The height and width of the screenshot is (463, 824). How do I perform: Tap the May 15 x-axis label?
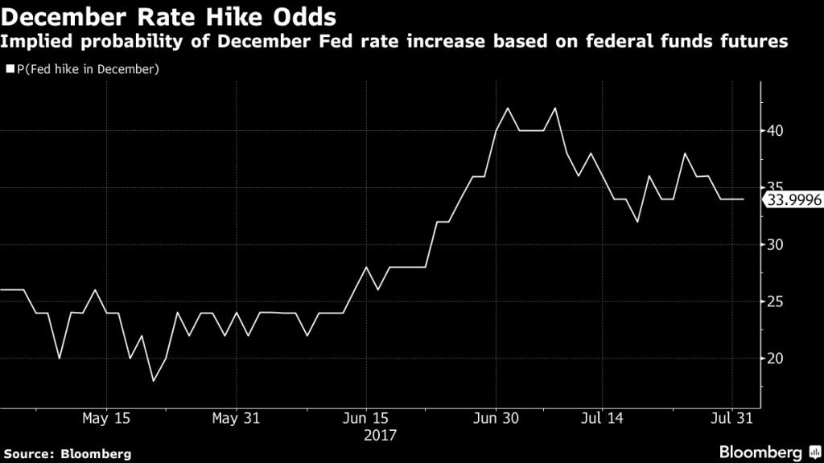tap(106, 418)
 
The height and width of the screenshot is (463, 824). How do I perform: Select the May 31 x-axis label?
tap(236, 418)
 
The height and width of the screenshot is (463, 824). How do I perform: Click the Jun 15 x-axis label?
tap(365, 418)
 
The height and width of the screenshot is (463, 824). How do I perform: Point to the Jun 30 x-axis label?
tap(496, 418)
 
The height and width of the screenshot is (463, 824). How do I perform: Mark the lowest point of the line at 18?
tap(154, 381)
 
